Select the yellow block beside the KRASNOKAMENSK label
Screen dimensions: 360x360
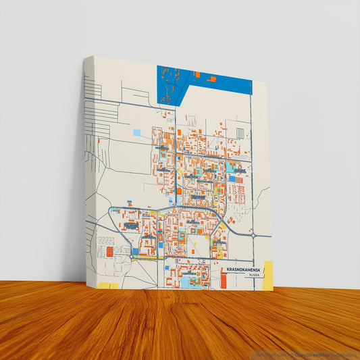pos(267,276)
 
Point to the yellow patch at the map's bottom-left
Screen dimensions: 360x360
pos(108,286)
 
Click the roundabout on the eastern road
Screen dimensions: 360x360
pos(254,236)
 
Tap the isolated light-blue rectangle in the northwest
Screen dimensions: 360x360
pos(137,132)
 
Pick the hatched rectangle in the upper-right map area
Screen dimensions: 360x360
pos(240,132)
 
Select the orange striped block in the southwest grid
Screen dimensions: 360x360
pos(109,252)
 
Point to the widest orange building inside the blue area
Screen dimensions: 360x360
pos(211,80)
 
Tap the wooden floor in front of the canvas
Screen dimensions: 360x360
pos(182,324)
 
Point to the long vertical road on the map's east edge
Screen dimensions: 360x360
pos(253,169)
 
